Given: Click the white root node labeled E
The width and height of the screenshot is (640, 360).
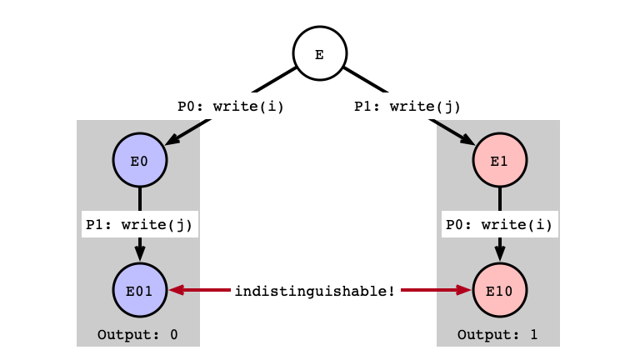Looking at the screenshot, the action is pyautogui.click(x=320, y=53).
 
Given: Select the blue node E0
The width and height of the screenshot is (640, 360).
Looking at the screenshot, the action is pyautogui.click(x=140, y=160).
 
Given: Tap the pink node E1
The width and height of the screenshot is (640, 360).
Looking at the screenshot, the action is pyautogui.click(x=500, y=160).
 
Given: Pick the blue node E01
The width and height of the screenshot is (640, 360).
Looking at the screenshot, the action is pyautogui.click(x=140, y=290).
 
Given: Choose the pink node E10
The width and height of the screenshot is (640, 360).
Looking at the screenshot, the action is pyautogui.click(x=500, y=290).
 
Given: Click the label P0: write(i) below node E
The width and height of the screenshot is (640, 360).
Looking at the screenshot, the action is pyautogui.click(x=231, y=107).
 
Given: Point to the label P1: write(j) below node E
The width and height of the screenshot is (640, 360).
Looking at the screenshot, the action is pyautogui.click(x=407, y=107).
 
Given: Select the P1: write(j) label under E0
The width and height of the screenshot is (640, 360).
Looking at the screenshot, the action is pyautogui.click(x=139, y=224).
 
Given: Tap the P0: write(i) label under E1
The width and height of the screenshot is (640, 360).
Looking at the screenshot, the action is pyautogui.click(x=499, y=224).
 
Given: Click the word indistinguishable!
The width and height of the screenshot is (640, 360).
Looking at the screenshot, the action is pyautogui.click(x=315, y=291).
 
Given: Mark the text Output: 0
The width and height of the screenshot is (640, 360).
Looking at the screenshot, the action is pyautogui.click(x=137, y=335).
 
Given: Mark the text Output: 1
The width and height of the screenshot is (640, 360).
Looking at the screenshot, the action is pyautogui.click(x=497, y=335).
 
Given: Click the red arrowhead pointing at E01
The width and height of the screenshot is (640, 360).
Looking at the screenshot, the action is pyautogui.click(x=177, y=290).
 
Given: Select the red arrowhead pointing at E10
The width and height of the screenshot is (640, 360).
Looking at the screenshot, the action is pyautogui.click(x=463, y=290).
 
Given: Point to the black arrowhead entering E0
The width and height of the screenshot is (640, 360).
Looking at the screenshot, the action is pyautogui.click(x=172, y=139).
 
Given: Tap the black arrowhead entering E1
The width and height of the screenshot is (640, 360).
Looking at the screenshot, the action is pyautogui.click(x=467, y=139).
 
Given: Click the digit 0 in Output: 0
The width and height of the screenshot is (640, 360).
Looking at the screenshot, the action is pyautogui.click(x=174, y=335).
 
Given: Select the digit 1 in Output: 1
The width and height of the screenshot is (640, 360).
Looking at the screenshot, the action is pyautogui.click(x=534, y=335).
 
